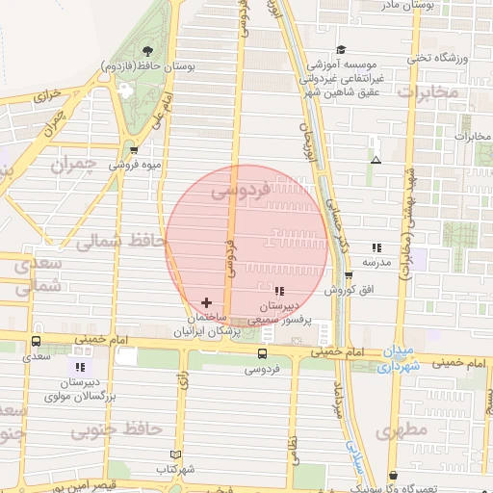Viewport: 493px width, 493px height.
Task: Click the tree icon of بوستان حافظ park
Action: pyautogui.click(x=147, y=52)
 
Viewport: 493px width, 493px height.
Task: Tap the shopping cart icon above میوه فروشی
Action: pyautogui.click(x=134, y=150)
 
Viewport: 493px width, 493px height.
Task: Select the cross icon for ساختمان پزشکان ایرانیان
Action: pyautogui.click(x=206, y=302)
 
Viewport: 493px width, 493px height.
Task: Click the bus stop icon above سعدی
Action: pyautogui.click(x=36, y=341)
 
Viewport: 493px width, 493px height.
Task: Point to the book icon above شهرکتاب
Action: pyautogui.click(x=174, y=454)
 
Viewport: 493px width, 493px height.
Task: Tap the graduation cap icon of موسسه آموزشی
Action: pyautogui.click(x=341, y=50)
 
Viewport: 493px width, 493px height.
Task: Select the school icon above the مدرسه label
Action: pyautogui.click(x=376, y=247)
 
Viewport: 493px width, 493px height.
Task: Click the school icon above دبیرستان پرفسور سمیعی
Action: pyautogui.click(x=279, y=291)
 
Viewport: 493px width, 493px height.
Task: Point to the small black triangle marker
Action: pyautogui.click(x=375, y=160)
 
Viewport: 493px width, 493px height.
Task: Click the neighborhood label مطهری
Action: pyautogui.click(x=401, y=433)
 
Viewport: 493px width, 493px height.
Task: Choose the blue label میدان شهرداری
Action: pyautogui.click(x=400, y=358)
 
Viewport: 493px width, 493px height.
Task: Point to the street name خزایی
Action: pyautogui.click(x=48, y=97)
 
